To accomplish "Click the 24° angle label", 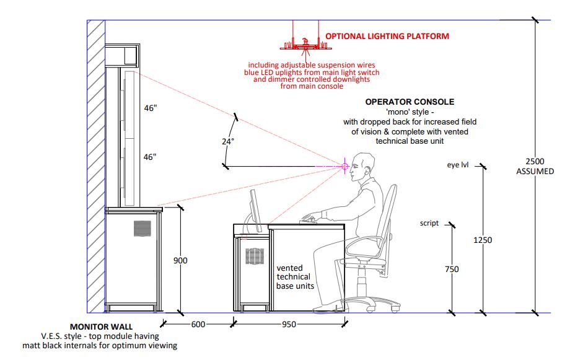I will tap(228, 141).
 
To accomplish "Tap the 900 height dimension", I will tap(180, 261).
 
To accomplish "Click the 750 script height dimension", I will tap(452, 269).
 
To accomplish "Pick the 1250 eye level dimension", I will tap(483, 240).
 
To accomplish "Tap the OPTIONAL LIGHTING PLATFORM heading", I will tap(387, 37).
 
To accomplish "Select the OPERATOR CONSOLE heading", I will tap(410, 102).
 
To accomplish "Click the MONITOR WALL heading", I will tap(101, 326).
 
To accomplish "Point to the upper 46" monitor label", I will tap(151, 108).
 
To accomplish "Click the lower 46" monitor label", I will tap(151, 157).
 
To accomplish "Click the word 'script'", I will tap(429, 223).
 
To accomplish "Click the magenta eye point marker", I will tap(344, 165).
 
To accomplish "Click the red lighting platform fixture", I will tap(304, 44).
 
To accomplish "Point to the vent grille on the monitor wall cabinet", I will tap(142, 228).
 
